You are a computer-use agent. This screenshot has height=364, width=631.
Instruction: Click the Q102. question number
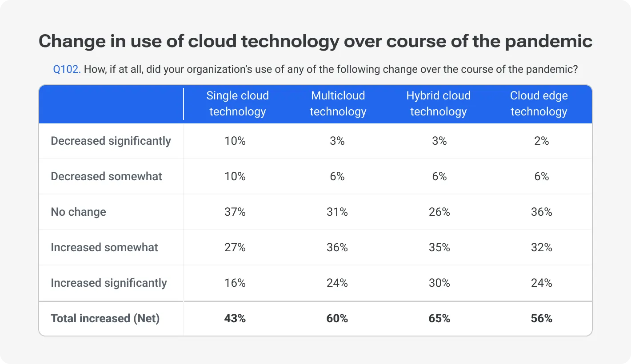pos(67,70)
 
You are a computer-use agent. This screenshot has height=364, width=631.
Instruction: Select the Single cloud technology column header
pos(237,103)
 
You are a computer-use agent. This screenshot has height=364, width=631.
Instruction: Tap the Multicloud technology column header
pos(338,103)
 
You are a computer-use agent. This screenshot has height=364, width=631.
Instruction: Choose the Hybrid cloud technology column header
pos(438,103)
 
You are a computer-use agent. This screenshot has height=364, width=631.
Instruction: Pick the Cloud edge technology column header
pos(539,103)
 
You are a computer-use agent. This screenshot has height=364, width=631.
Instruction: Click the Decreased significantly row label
pos(111,141)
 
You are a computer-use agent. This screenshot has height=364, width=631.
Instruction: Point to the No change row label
pos(78,212)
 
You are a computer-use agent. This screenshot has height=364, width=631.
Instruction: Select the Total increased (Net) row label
pos(105,318)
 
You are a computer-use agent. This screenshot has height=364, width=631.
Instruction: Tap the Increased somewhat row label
pos(104,247)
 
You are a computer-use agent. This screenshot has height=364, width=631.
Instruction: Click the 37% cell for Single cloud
pos(235,212)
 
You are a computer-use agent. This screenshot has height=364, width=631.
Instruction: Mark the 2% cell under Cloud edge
pos(542,141)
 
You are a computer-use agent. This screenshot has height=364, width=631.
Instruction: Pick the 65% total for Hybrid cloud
pos(439,318)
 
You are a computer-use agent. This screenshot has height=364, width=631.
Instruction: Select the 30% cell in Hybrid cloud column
pos(439,283)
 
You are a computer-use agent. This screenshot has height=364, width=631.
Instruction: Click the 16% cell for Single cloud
pos(235,283)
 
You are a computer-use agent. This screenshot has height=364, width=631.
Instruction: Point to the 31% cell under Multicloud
pos(337,212)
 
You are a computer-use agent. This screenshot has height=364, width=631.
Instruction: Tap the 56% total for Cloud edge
pos(542,318)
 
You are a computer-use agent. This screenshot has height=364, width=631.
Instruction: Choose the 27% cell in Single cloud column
pos(235,247)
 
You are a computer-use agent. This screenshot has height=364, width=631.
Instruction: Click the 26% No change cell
pos(439,212)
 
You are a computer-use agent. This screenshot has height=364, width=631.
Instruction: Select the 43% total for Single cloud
pos(235,318)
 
